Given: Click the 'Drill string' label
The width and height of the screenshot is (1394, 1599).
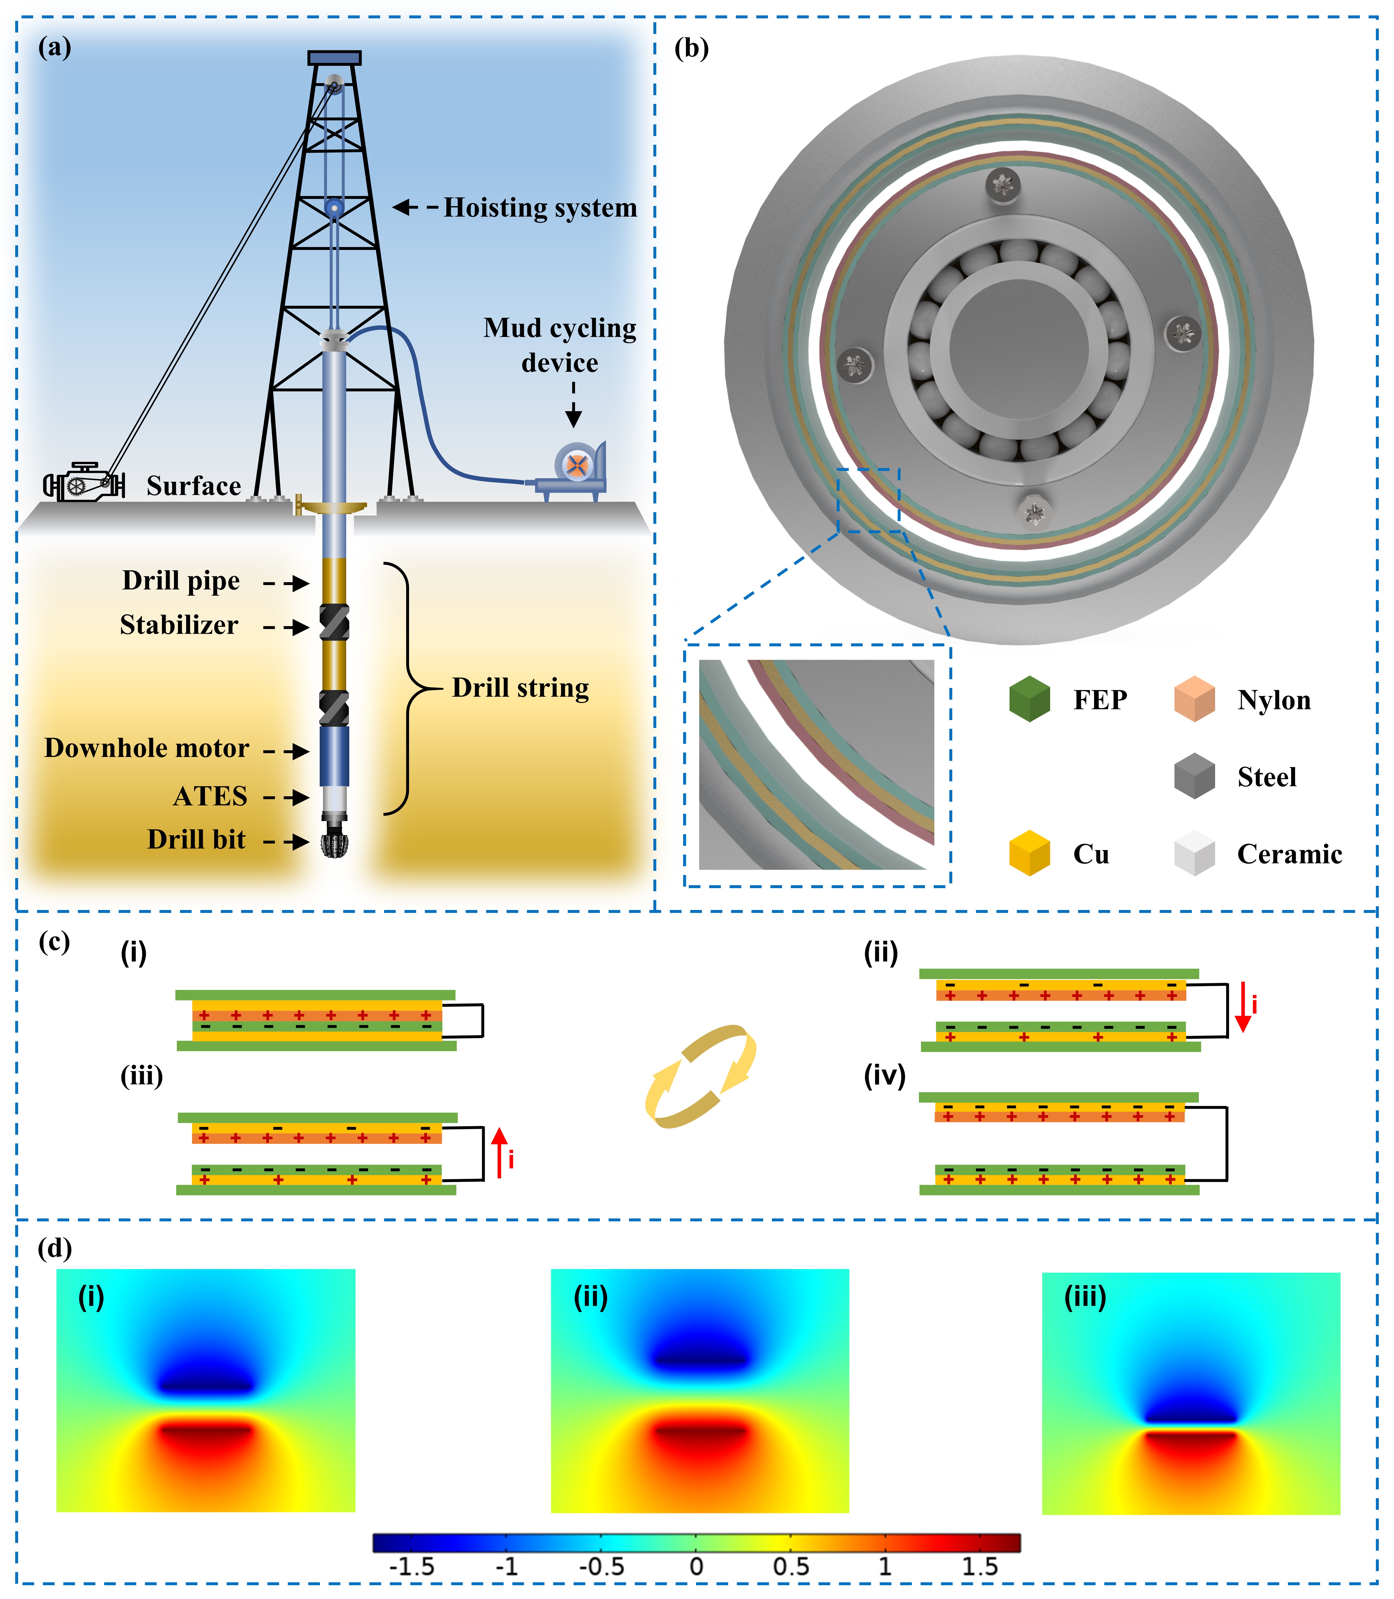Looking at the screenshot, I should point(520,688).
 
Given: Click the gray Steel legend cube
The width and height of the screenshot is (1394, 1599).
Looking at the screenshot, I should point(1194,776).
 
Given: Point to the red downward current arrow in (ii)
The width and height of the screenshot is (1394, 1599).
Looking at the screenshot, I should point(1243,1007).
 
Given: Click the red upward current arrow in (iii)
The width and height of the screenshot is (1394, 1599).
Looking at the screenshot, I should point(499,1152).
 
